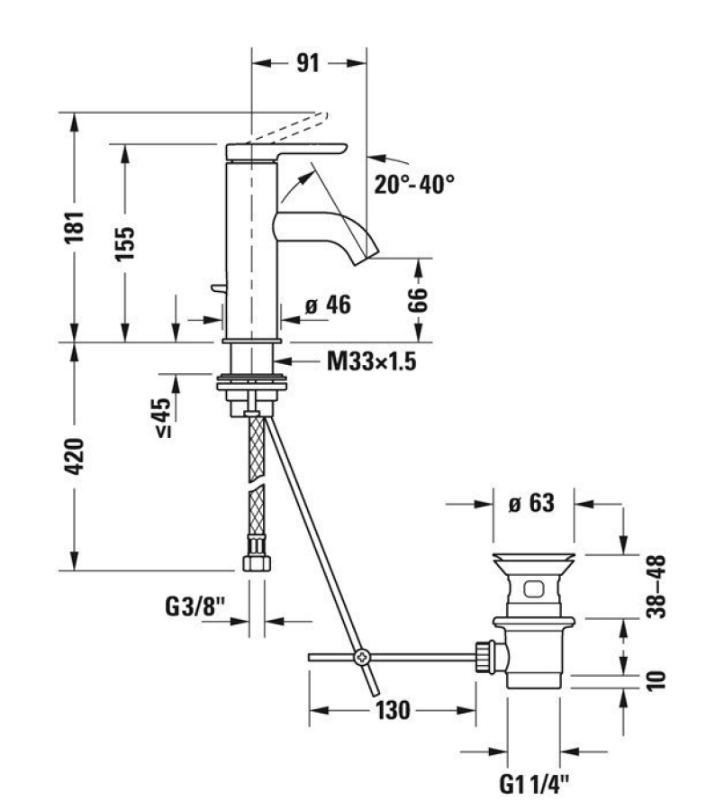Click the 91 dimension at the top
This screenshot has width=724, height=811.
point(308,63)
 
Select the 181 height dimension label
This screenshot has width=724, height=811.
point(77,226)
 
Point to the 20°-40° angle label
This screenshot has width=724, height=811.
point(414,184)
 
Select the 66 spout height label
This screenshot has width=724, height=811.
point(418,299)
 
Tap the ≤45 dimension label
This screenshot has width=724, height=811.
point(163,419)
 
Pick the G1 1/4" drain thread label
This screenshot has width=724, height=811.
point(534,784)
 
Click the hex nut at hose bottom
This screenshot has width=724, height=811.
point(256,563)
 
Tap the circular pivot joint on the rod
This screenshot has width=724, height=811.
point(361,657)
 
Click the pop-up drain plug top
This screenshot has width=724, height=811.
point(535,559)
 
